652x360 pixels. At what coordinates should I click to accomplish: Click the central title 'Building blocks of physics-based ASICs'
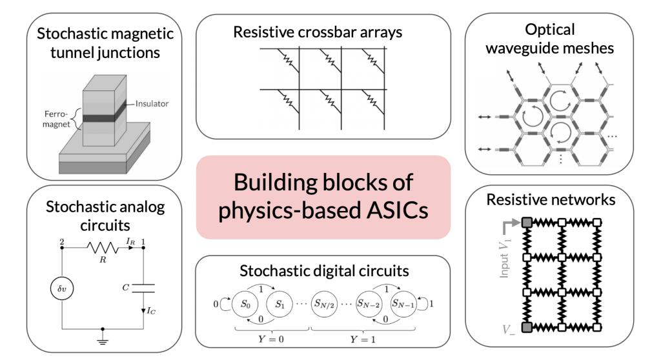tap(323, 196)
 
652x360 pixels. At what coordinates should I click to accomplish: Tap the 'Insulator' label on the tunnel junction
tap(152, 104)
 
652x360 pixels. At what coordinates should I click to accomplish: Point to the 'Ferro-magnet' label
tap(56, 119)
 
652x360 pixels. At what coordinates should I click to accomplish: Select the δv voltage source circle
tap(62, 288)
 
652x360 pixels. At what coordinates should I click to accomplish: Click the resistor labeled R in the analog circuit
tap(102, 248)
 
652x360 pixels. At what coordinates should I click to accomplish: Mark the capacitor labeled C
tap(143, 288)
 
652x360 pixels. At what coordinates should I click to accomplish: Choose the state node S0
tap(245, 304)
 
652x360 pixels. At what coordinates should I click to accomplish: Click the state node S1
tap(280, 304)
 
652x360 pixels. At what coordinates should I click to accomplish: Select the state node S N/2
tap(324, 304)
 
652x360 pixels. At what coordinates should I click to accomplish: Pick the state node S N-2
tap(369, 304)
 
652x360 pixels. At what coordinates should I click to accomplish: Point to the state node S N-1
tap(403, 304)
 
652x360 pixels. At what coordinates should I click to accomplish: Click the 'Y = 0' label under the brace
tap(271, 339)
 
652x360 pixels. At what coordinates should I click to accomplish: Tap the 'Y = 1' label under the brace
tap(363, 339)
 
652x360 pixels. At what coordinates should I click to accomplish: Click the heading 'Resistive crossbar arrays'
tap(318, 32)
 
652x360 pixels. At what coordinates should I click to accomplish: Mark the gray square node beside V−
tap(527, 327)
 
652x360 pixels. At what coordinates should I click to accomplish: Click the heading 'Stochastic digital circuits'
tap(324, 271)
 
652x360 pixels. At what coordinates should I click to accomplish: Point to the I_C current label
tap(151, 311)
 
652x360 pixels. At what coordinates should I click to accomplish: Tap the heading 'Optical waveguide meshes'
tap(550, 39)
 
